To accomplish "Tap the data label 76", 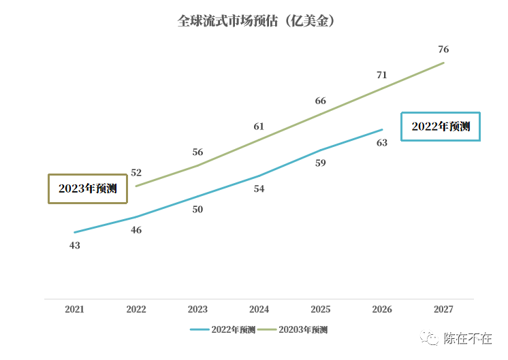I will point(443,50).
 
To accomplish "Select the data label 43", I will point(75,245).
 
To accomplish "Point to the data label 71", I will point(382,75).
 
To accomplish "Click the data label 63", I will point(382,142).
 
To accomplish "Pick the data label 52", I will point(136,173).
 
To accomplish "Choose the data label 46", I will point(136,230).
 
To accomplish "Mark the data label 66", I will point(321,101).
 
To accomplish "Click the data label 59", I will point(321,163).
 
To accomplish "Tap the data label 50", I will point(197,210).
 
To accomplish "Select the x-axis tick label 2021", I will point(75,309).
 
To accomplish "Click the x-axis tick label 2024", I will point(259,309).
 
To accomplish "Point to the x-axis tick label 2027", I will point(443,309).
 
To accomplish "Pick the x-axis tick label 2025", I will point(321,309).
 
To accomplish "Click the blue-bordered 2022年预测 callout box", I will point(441,127).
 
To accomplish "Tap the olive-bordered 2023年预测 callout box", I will point(88,189).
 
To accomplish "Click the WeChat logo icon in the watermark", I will point(430,338).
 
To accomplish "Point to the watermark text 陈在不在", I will point(468,338).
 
